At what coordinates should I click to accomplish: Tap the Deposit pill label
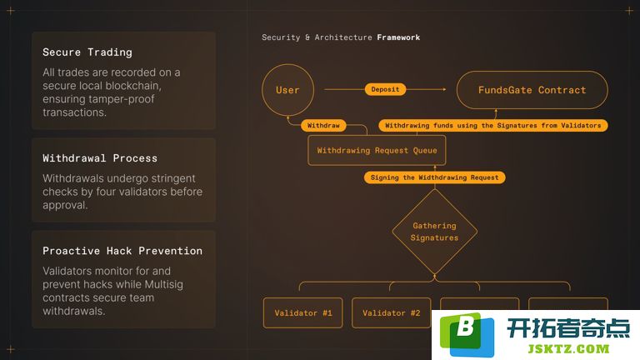pos(385,89)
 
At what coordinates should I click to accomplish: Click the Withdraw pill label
pos(323,125)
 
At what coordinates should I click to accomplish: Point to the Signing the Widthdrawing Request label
pos(435,177)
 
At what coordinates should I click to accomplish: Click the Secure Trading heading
pos(87,52)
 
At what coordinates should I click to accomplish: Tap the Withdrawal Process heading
pos(100,158)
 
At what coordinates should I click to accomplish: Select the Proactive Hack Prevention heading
pos(122,251)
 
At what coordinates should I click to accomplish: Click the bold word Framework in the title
pos(398,37)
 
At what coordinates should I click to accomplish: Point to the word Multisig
pos(164,284)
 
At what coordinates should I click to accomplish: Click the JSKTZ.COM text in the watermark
pos(568,349)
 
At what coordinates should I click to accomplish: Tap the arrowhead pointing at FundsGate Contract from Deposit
pos(444,89)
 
